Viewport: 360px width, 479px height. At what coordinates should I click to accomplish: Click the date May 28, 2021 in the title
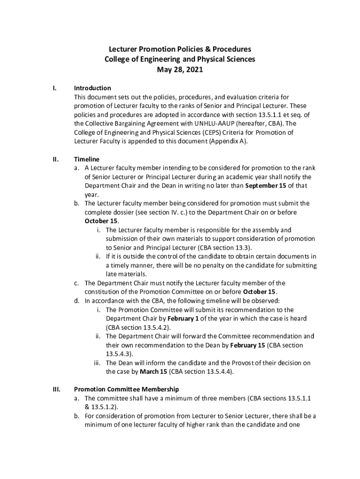pyautogui.click(x=180, y=70)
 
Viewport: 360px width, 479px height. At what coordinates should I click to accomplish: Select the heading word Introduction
pyautogui.click(x=93, y=88)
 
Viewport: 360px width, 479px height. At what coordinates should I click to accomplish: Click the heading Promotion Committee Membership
pyautogui.click(x=126, y=389)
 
